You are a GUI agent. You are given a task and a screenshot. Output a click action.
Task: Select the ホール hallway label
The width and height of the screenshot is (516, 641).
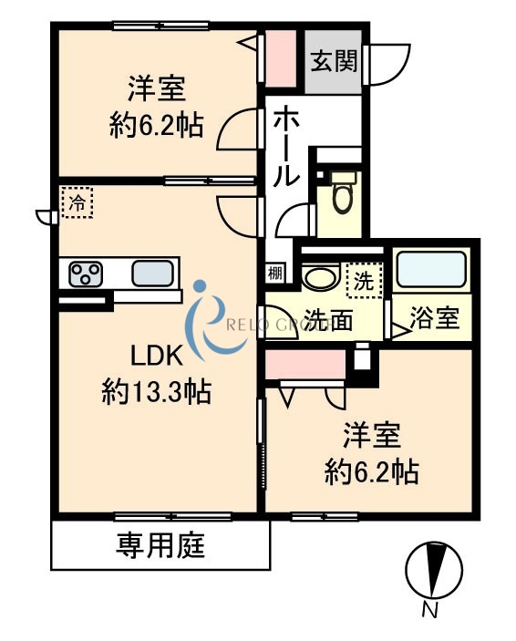(x=284, y=146)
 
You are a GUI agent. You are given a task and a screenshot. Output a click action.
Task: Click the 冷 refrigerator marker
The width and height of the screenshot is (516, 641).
(x=77, y=202)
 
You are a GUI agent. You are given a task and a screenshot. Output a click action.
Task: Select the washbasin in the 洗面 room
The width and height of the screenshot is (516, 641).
(x=321, y=277)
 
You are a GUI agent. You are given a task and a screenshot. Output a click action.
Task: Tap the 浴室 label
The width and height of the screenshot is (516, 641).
(x=434, y=320)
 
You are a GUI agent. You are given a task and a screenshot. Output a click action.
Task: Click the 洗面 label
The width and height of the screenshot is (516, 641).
(x=328, y=320)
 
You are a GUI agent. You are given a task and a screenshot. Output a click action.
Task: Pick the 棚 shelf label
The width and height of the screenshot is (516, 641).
(x=274, y=272)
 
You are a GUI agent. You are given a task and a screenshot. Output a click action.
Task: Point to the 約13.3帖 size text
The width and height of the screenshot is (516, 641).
(x=157, y=392)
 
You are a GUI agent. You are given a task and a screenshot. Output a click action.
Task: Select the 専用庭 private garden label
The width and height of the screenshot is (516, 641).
(x=160, y=545)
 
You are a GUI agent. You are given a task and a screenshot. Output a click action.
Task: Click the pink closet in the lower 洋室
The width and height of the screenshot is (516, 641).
(x=305, y=365)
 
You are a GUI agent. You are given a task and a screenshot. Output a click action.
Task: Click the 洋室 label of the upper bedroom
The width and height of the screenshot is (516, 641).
(x=157, y=88)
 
